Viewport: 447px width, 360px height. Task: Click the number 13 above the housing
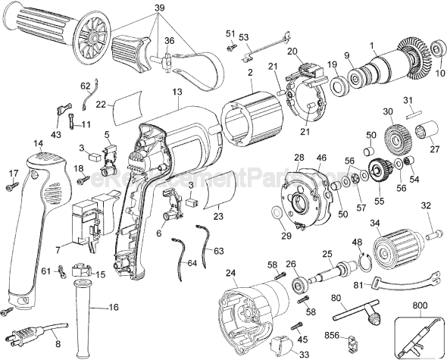coord(177,92)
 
